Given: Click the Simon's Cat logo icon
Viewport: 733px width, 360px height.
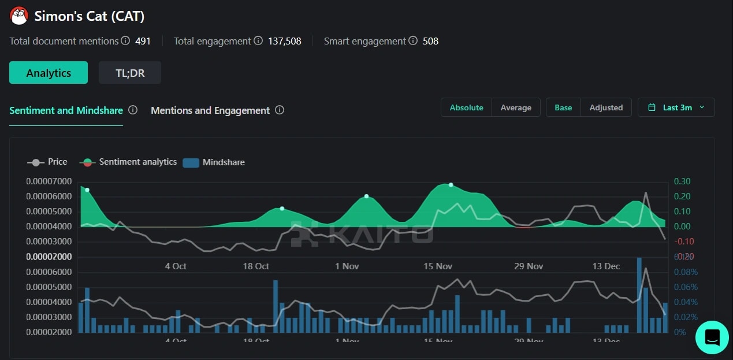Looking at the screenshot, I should tap(19, 16).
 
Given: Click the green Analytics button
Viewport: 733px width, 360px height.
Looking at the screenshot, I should tap(49, 73).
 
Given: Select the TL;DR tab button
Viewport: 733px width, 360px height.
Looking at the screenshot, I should tap(130, 73).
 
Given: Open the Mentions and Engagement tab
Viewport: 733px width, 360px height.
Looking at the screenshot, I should tap(210, 110).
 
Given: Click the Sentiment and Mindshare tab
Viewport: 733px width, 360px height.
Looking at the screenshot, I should tap(66, 110).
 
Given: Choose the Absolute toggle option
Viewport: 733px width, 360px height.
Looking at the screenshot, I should tap(466, 107).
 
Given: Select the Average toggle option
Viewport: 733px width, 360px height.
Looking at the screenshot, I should tap(516, 107).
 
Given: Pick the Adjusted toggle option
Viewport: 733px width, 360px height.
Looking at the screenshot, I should tap(606, 107).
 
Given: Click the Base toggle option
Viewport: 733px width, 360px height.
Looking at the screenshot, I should tap(563, 107).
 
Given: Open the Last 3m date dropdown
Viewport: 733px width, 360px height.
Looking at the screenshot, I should tap(676, 107).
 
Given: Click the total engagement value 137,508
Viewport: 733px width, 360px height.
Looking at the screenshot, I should tap(284, 41).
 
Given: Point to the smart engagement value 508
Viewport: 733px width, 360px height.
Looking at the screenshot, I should tap(430, 41).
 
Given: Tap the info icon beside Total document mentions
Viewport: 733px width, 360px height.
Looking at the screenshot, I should tap(125, 41).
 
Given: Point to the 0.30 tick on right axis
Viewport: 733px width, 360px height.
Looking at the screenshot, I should tap(682, 181).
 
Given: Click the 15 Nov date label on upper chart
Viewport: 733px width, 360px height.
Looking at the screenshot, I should tap(437, 266).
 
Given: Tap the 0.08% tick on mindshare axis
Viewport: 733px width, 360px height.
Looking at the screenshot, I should tap(686, 272).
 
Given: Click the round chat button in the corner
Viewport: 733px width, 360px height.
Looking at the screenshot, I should tap(712, 337).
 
